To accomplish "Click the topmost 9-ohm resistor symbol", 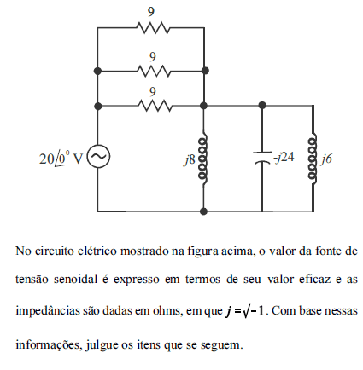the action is (153, 28).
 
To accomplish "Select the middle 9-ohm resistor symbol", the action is (154, 71).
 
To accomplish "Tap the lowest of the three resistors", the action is (155, 106).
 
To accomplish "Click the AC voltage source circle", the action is (98, 156).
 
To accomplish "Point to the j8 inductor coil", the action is (203, 159).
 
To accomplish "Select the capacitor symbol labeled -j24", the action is (262, 158).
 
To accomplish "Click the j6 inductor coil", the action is (313, 159).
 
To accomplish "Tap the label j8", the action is (190, 159).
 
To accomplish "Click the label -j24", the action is (284, 157).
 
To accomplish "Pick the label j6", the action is (326, 159).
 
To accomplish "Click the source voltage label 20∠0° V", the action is (61, 158).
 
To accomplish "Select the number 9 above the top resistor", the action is (151, 12).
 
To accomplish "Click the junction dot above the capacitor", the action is (262, 106).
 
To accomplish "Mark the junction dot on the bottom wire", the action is (203, 211).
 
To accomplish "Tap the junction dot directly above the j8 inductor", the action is (203, 106).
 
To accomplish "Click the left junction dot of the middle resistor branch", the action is (98, 71).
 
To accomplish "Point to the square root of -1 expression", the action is (254, 310).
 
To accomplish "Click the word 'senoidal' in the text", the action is (75, 280).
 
